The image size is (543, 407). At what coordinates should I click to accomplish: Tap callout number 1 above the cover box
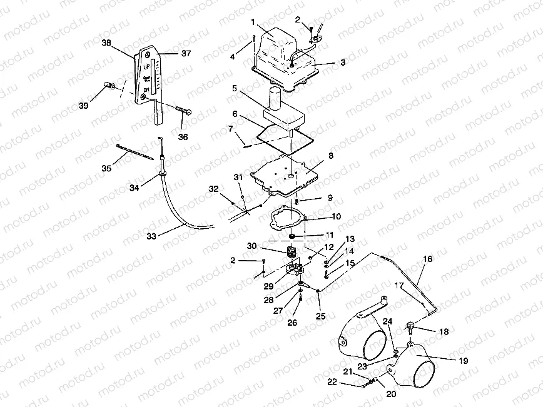tap(253, 22)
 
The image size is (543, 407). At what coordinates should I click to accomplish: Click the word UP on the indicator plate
tap(146, 66)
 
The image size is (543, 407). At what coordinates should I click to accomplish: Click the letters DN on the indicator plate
tap(146, 91)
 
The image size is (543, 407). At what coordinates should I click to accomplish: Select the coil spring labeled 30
tap(290, 253)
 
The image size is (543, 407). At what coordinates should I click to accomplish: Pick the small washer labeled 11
tap(292, 236)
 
